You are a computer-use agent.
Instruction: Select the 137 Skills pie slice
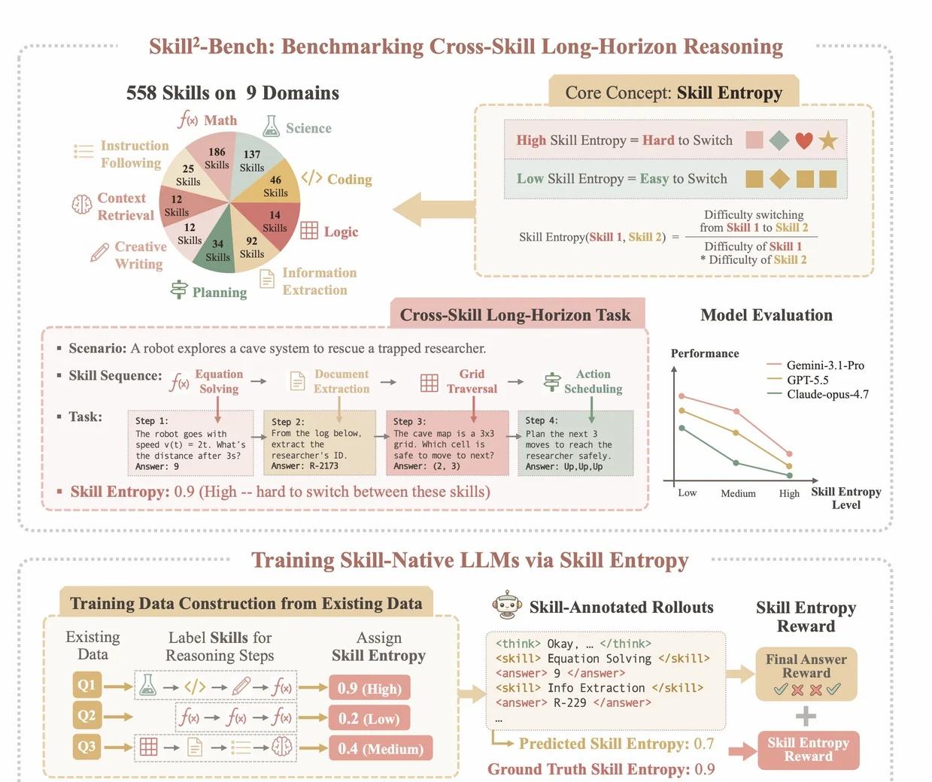253,163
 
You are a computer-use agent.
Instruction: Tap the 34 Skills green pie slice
216,247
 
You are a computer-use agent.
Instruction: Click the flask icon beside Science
271,126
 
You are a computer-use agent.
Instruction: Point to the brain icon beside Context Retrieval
82,205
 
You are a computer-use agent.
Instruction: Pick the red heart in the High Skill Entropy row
804,141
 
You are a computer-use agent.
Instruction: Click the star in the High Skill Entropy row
828,141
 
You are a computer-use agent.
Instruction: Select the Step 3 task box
448,443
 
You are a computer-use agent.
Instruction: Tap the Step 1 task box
190,443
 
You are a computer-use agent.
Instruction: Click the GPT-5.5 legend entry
797,380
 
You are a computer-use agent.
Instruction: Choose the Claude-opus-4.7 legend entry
818,394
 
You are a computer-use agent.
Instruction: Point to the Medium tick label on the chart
738,493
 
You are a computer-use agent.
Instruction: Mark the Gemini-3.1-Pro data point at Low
682,396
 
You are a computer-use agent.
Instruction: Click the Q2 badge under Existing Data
87,716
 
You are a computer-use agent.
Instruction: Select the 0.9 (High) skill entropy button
369,688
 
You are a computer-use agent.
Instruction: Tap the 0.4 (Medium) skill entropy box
381,748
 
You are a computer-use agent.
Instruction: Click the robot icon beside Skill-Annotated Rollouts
506,605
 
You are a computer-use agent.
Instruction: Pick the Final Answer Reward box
806,674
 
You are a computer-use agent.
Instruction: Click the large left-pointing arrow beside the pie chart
434,209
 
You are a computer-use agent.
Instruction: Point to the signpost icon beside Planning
179,289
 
